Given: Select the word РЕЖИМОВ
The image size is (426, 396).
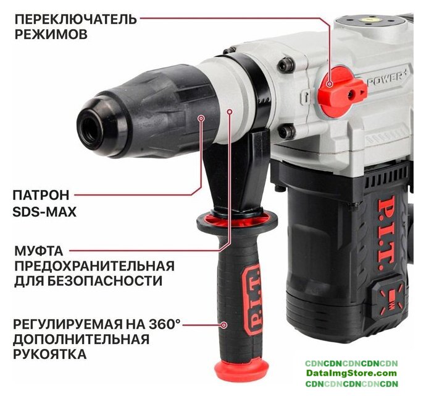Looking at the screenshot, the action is point(51,35).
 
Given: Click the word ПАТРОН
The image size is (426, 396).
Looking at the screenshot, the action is point(41,196).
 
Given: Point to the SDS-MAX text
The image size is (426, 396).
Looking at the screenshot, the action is point(44,212).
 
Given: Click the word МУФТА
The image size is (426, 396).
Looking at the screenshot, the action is point(38,251).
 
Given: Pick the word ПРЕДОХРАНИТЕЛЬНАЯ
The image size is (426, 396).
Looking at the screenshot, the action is point(94,266).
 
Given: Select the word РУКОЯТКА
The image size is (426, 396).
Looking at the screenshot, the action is point(50,354).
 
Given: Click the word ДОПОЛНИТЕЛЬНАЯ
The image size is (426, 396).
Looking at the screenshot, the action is point(81,339).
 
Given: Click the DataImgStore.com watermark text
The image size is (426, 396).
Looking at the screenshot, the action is point(351,373).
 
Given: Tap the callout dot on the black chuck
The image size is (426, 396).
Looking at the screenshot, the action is point(201,118).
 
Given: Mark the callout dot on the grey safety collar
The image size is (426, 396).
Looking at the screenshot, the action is point(230,111).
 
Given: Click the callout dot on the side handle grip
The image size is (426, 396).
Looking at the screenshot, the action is point(224,325).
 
